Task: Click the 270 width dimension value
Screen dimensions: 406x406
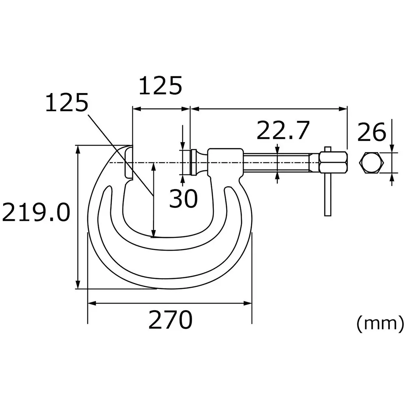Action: pyautogui.click(x=170, y=320)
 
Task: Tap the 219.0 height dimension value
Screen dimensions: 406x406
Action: pyautogui.click(x=35, y=213)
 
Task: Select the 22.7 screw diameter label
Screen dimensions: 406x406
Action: pyautogui.click(x=283, y=130)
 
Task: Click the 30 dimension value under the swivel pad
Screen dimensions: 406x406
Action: pyautogui.click(x=183, y=199)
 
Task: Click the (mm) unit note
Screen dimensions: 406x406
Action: pyautogui.click(x=380, y=324)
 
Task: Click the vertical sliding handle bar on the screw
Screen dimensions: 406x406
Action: pyautogui.click(x=328, y=191)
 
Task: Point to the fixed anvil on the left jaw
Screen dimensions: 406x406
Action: pyautogui.click(x=128, y=162)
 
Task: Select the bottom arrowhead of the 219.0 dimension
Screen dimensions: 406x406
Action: pyautogui.click(x=78, y=285)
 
